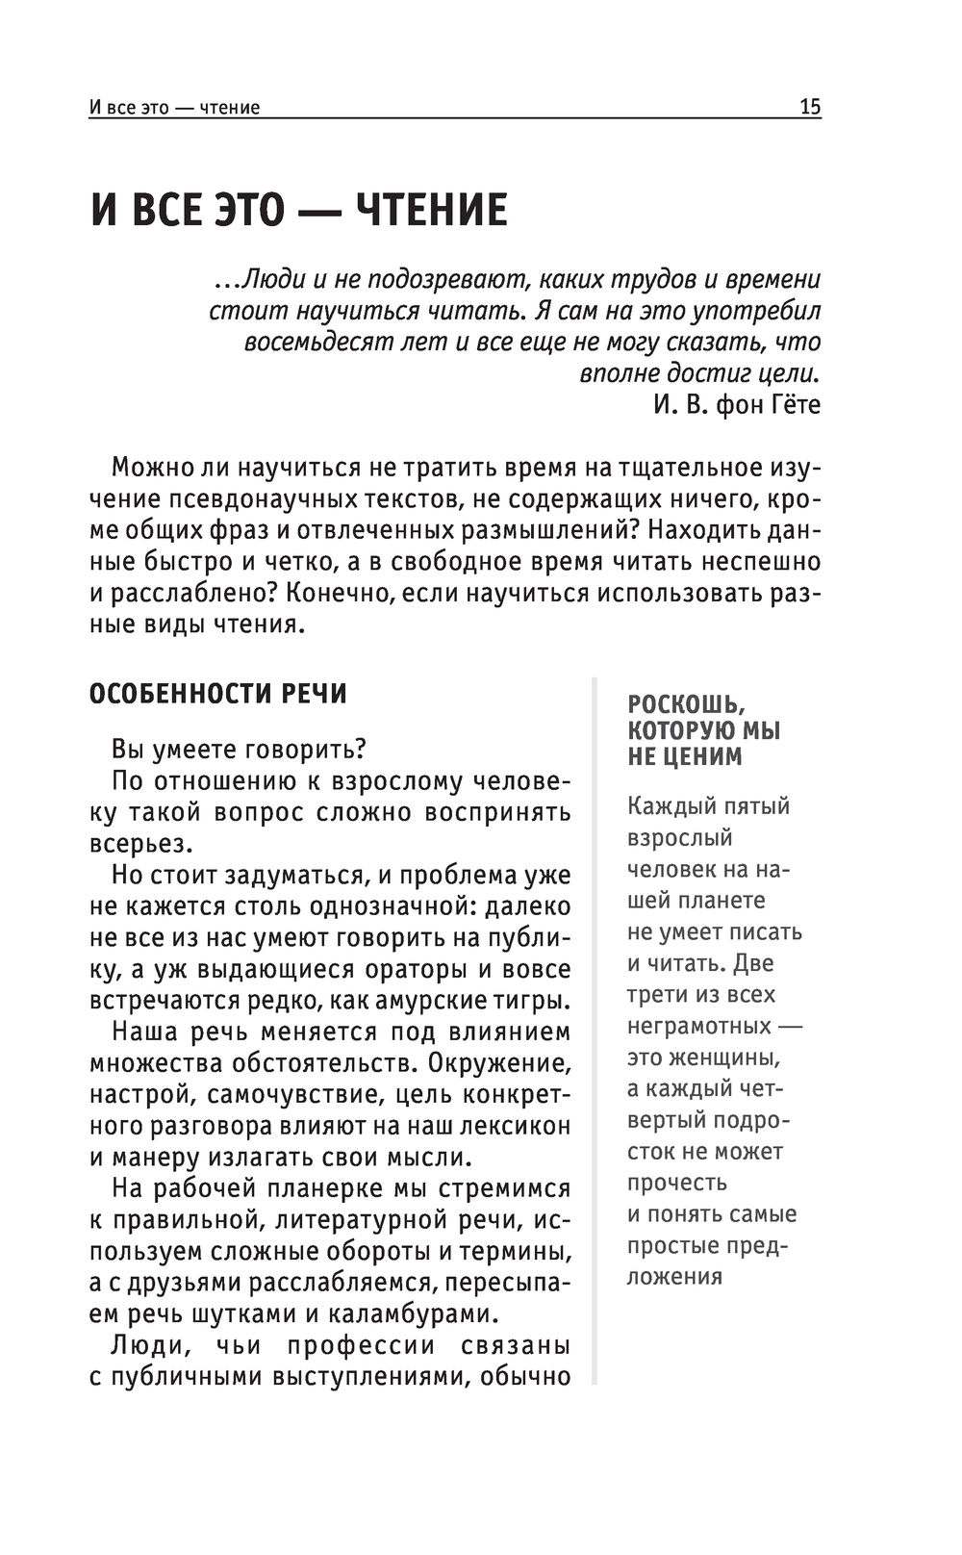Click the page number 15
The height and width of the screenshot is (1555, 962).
coord(810,107)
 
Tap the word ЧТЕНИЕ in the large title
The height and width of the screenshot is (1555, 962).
coord(432,211)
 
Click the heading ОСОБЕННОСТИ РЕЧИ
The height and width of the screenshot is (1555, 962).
coord(217,694)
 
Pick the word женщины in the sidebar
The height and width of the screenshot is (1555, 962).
coord(730,1058)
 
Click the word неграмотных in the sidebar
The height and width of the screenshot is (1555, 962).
coord(698,1026)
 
